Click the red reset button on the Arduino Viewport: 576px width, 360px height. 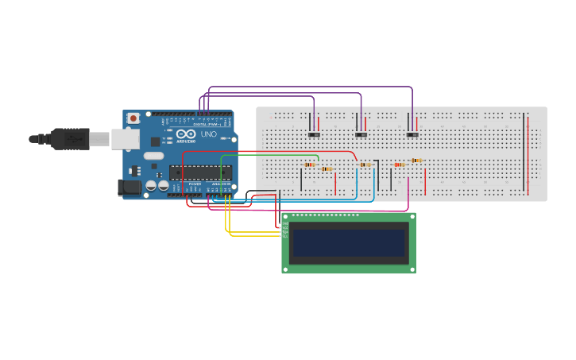(133, 118)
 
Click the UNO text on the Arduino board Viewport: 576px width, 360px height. (208, 134)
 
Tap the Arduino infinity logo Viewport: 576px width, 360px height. (186, 134)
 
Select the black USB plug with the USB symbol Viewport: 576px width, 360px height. (72, 139)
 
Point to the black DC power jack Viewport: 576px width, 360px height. (129, 188)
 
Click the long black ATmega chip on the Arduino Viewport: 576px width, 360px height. (200, 172)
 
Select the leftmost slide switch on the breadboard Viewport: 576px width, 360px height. (314, 134)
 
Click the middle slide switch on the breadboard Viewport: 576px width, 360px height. (361, 134)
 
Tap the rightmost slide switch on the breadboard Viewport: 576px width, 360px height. (412, 134)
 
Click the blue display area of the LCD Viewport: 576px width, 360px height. (349, 243)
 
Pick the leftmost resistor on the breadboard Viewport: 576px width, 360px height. (310, 165)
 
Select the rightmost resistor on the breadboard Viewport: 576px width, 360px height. (417, 160)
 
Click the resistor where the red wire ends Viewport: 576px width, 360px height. (365, 165)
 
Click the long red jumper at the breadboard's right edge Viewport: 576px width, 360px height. (528, 154)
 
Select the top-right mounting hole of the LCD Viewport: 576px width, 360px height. (411, 216)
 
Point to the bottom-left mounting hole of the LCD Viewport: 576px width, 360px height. (286, 269)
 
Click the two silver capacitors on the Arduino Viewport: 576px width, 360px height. (157, 186)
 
